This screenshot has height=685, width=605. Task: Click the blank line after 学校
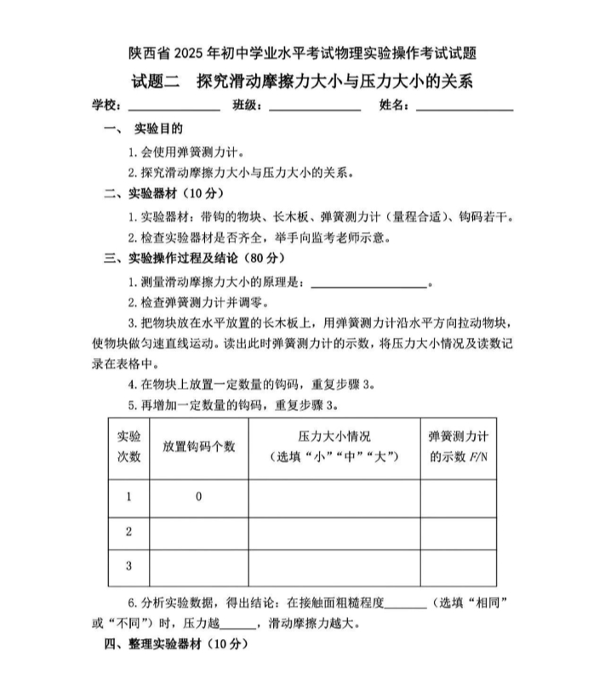click(x=174, y=108)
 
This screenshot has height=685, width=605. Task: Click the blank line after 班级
click(x=314, y=108)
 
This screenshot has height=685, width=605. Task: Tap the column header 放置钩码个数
click(x=198, y=448)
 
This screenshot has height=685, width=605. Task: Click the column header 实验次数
click(x=128, y=447)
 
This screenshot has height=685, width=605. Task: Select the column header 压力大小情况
click(x=334, y=437)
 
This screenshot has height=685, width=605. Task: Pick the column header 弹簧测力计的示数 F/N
click(x=458, y=447)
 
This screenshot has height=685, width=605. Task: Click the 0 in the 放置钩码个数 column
click(x=198, y=497)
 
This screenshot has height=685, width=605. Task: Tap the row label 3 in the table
click(x=128, y=567)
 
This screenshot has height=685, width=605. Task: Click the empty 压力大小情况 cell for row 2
click(x=334, y=532)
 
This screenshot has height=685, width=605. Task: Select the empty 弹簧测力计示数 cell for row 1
click(x=458, y=497)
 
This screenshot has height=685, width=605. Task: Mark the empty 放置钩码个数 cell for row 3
click(x=198, y=567)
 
